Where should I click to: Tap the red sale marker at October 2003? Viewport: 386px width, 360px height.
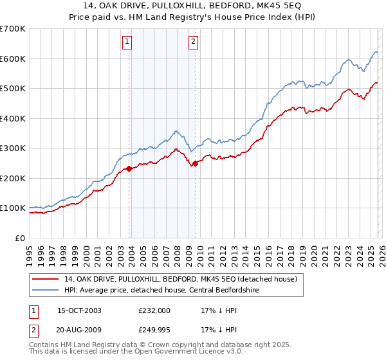pos(129,169)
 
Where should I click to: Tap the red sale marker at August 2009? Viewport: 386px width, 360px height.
pos(196,163)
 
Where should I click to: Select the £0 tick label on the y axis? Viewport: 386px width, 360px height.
pos(19,238)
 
